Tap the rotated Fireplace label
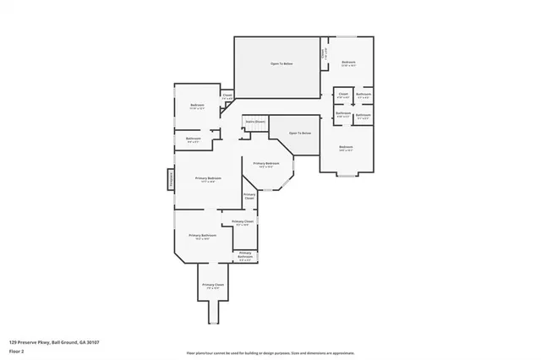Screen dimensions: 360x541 pyautogui.click(x=169, y=179)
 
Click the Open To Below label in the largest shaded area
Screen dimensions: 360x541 pyautogui.click(x=281, y=64)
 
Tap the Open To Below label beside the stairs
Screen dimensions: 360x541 pyautogui.click(x=300, y=134)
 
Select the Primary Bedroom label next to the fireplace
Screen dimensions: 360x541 pyautogui.click(x=208, y=178)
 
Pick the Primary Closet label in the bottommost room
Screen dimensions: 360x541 pyautogui.click(x=213, y=286)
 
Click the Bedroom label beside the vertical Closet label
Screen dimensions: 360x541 pyautogui.click(x=348, y=63)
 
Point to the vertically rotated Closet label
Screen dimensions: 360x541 pyautogui.click(x=323, y=55)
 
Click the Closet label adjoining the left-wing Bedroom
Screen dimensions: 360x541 pyautogui.click(x=227, y=95)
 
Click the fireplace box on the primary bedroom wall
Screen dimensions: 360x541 pyautogui.click(x=170, y=179)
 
